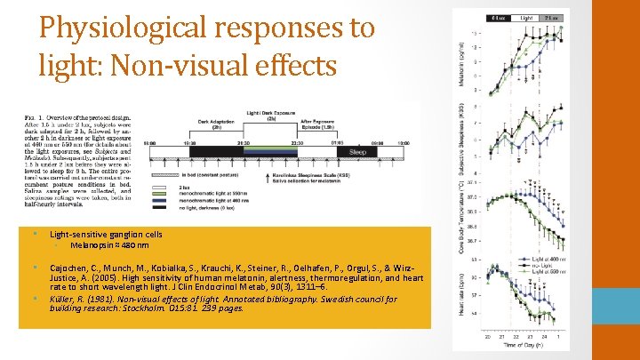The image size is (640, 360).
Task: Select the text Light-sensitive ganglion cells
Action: pyautogui.click(x=106, y=234)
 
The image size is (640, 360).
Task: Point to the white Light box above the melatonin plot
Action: pyautogui.click(x=527, y=18)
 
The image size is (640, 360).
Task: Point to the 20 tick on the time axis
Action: pyautogui.click(x=486, y=337)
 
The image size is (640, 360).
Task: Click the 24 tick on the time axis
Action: pyautogui.click(x=540, y=337)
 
